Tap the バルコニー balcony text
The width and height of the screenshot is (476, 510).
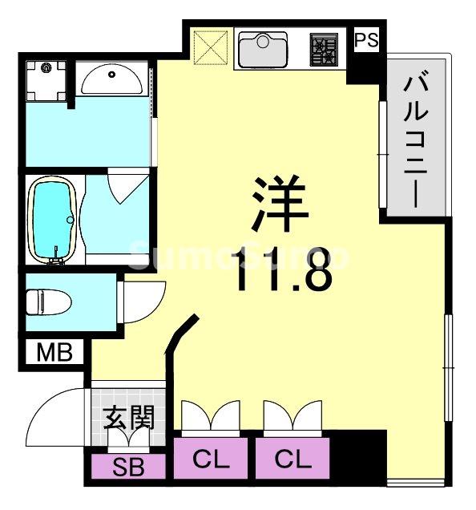[x=413, y=140]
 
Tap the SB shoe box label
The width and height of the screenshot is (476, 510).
[x=128, y=466]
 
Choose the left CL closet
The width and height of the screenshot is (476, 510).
[x=212, y=460]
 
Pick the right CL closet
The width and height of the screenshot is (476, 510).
[x=292, y=460]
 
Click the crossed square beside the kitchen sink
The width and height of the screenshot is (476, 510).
[x=211, y=49]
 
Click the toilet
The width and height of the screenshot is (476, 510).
[x=48, y=303]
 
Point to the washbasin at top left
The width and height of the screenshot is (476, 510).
[x=112, y=81]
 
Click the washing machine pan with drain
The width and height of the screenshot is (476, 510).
[x=46, y=79]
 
